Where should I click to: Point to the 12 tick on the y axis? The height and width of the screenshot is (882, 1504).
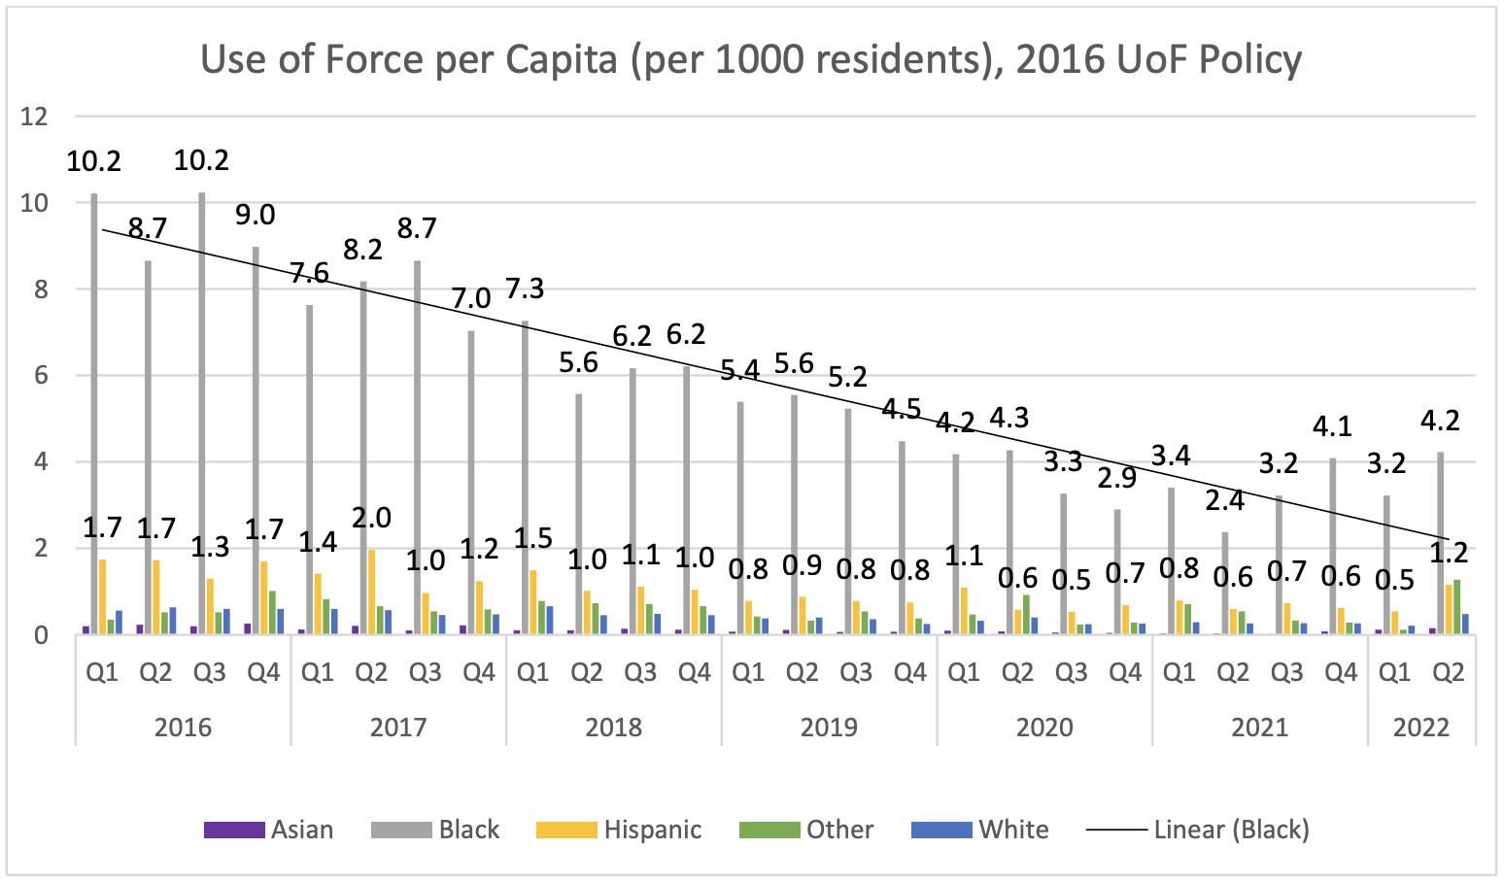tap(34, 117)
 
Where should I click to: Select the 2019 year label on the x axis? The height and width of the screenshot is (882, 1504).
tap(829, 728)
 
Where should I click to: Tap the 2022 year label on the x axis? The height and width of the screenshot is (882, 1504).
tap(1421, 728)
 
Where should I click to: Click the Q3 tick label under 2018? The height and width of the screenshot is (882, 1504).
tap(640, 672)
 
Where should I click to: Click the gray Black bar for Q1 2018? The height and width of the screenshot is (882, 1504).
tap(525, 477)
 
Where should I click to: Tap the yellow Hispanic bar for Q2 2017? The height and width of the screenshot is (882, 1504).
tap(371, 592)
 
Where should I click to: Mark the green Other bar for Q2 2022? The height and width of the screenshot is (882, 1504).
tap(1456, 607)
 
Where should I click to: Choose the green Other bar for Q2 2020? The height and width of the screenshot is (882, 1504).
tap(1026, 615)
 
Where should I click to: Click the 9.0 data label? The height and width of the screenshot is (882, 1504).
tap(256, 215)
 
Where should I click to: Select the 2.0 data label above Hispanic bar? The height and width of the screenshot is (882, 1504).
tap(371, 518)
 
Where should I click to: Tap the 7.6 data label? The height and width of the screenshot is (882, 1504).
tap(309, 273)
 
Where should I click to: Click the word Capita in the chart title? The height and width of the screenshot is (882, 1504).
tap(562, 60)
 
